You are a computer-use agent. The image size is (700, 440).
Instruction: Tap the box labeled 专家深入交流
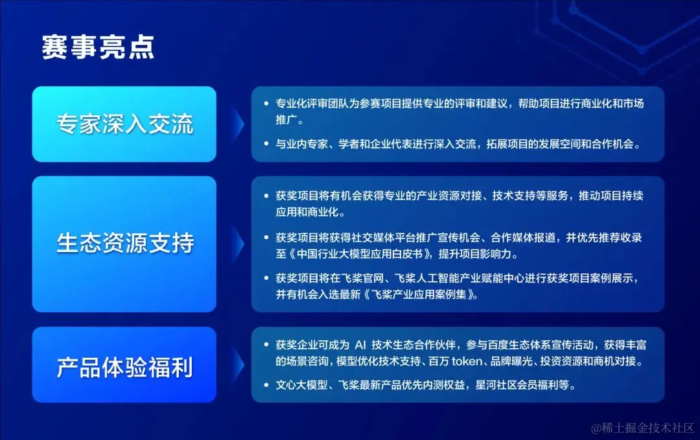124,124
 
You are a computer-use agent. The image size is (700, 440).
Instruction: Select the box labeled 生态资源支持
124,244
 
